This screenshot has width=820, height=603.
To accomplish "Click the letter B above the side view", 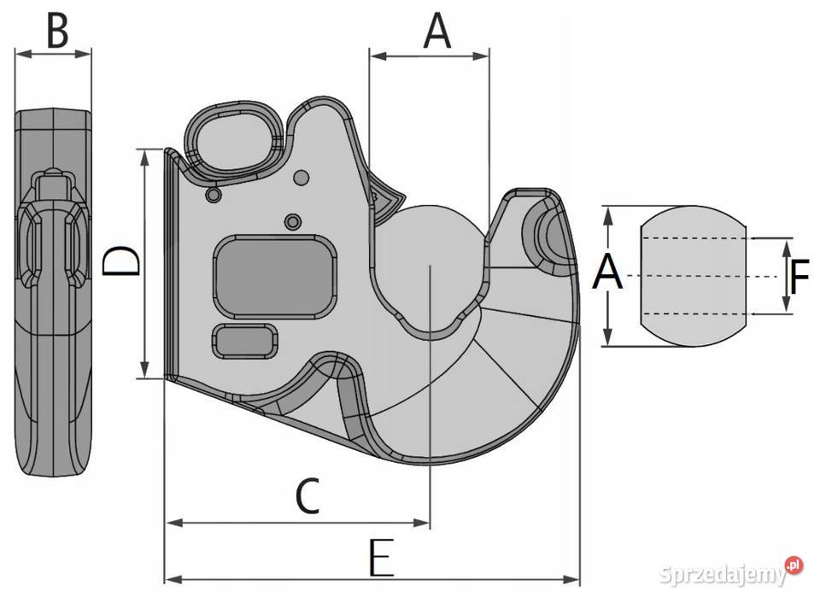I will point(57,32).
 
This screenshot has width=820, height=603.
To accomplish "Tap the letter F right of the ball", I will point(799,277).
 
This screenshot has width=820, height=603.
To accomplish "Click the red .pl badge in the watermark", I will point(794,565).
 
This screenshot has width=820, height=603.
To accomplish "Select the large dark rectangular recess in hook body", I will point(273,278).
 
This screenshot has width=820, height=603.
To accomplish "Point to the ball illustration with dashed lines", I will point(693,276).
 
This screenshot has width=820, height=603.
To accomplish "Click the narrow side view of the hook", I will point(53,290).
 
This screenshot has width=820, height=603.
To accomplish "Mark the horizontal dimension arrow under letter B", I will point(53,54).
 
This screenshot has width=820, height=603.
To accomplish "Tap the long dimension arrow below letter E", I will point(372,581).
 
